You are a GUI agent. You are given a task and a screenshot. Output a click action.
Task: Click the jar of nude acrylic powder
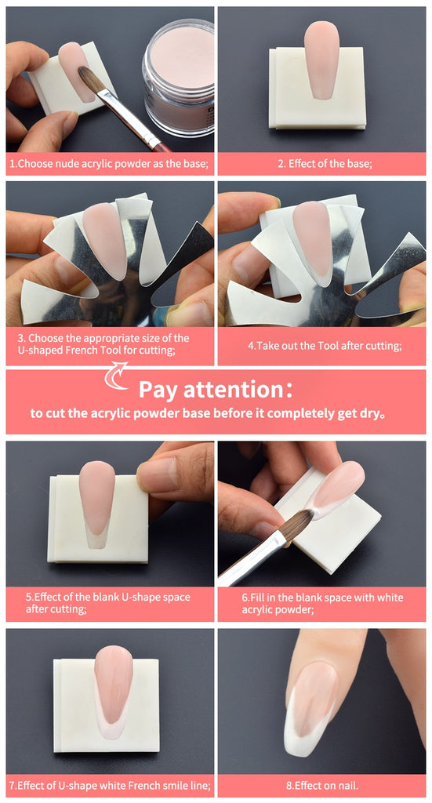coord(178,77)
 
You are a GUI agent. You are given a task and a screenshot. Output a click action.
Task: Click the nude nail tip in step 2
coord(321,60)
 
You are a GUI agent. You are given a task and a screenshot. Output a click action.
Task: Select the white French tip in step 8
coord(302,727)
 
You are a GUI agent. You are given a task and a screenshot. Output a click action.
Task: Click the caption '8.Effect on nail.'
coord(322,785)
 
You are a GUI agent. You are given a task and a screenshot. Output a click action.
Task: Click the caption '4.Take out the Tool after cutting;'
coord(325,346)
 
